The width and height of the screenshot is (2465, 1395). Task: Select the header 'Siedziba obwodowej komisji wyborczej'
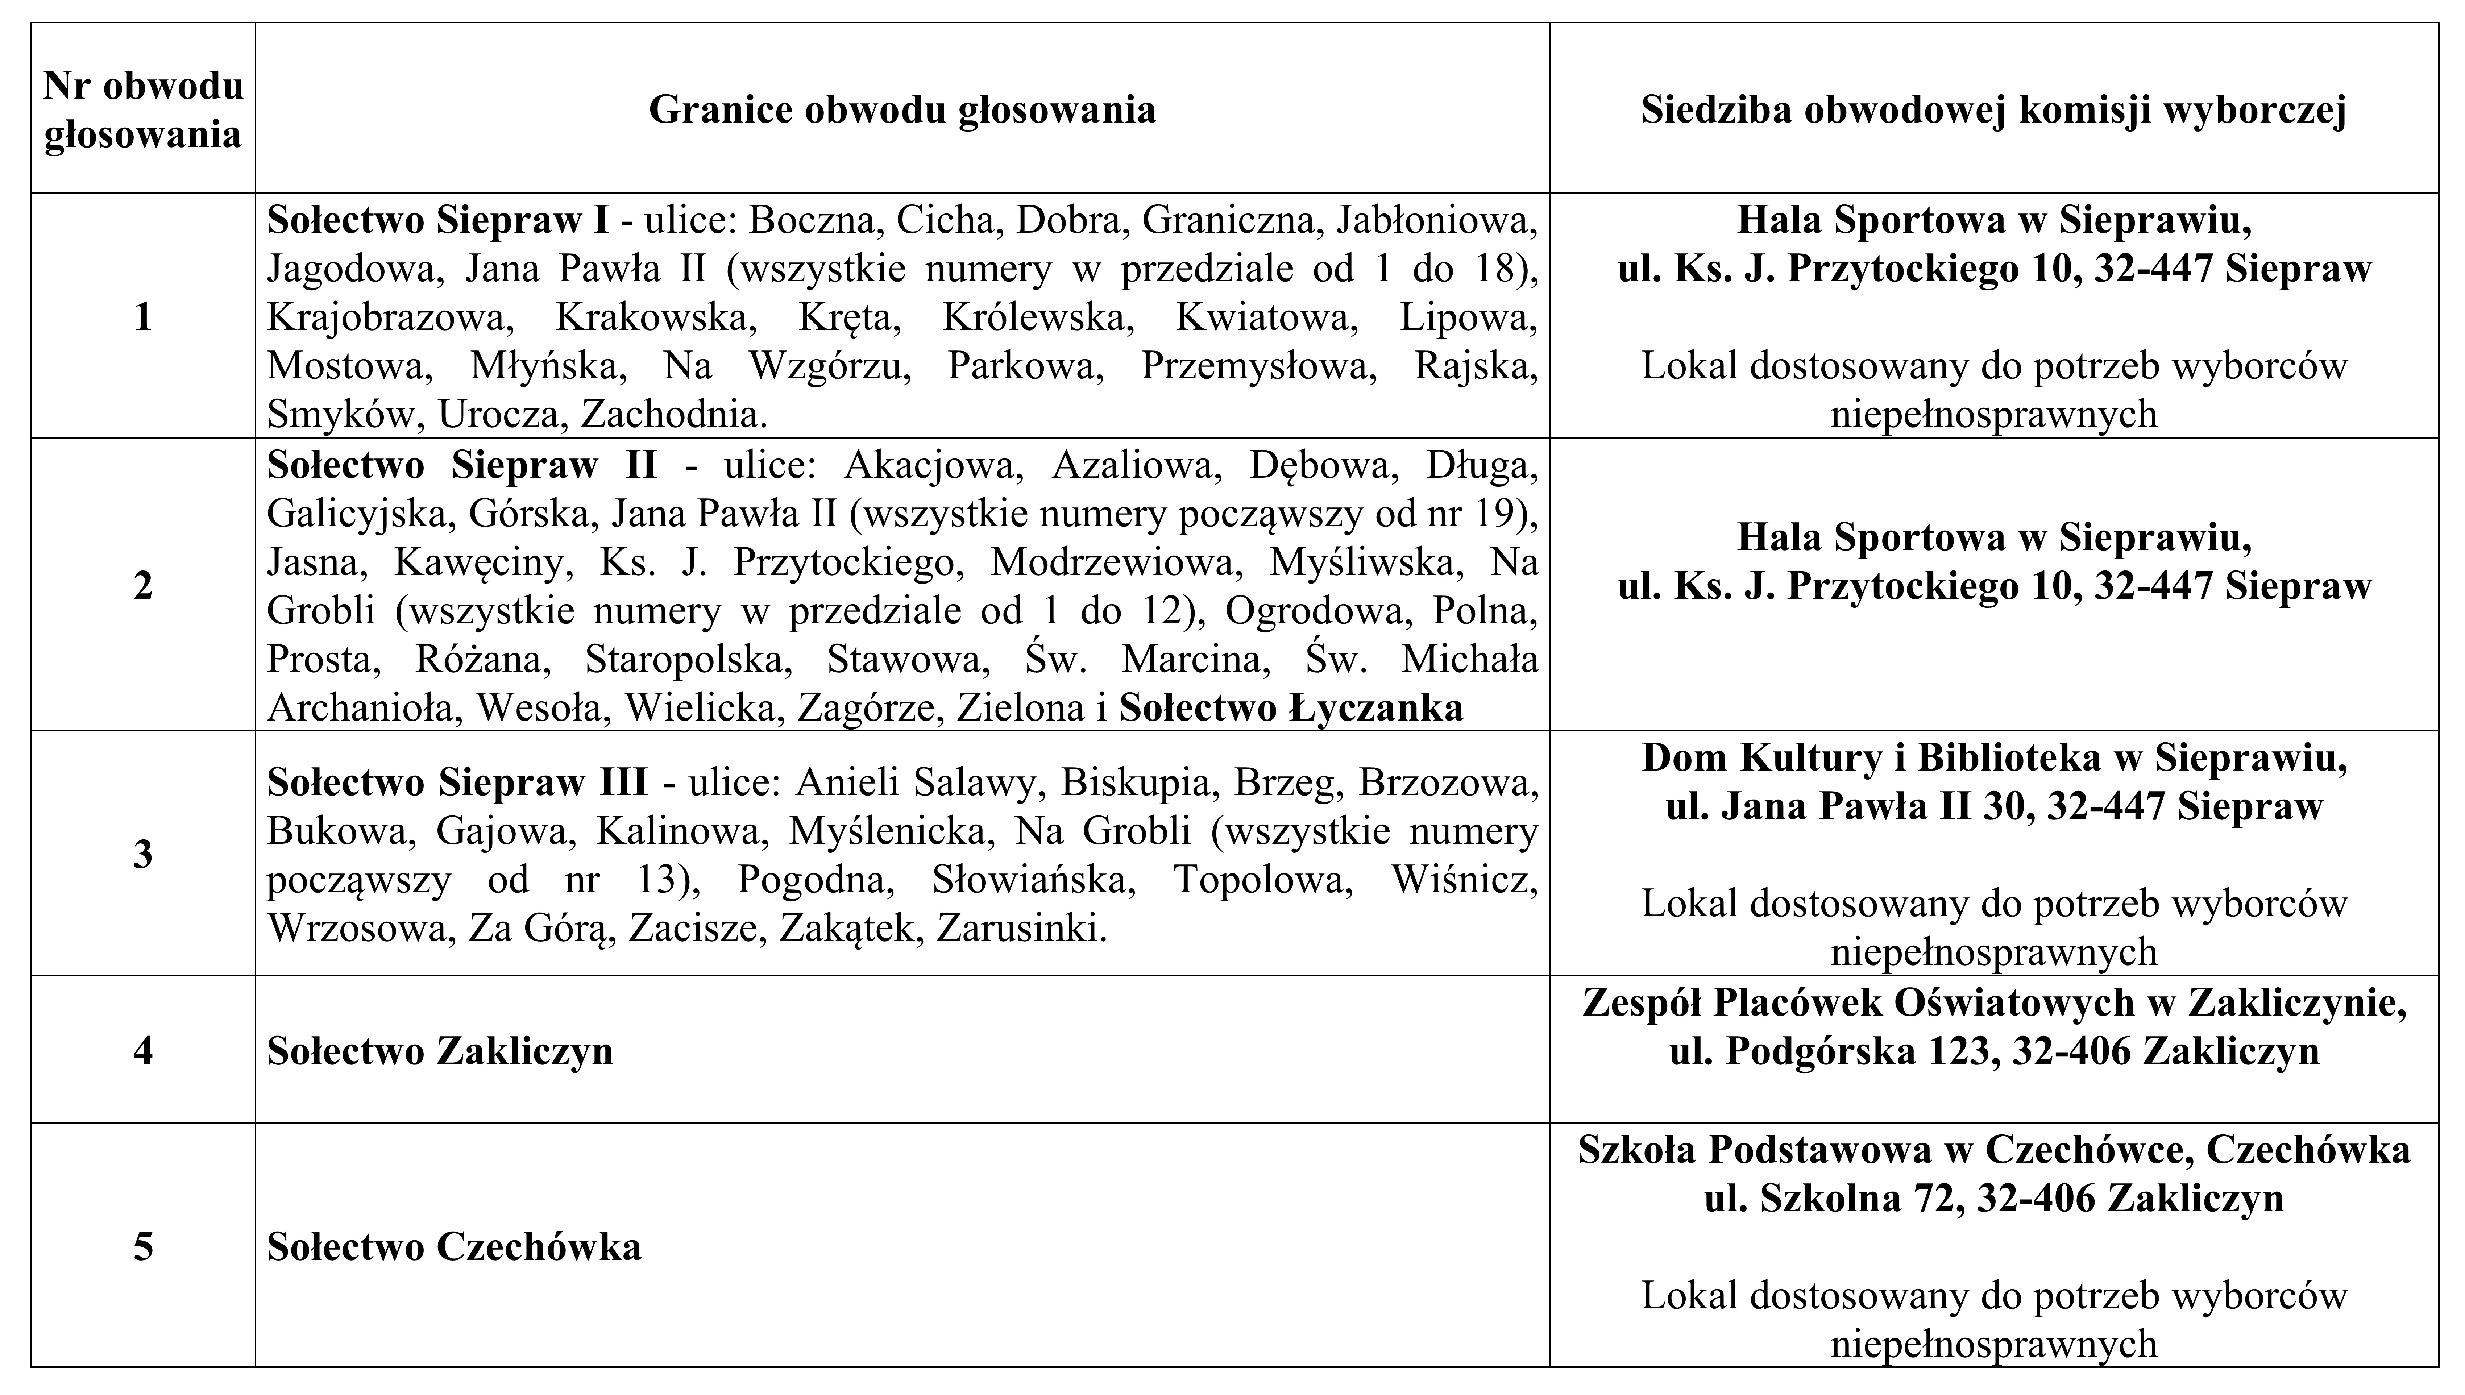(1994, 109)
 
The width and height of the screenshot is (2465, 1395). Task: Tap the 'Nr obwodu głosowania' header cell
(143, 109)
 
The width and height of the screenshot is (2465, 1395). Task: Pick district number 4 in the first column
(143, 1051)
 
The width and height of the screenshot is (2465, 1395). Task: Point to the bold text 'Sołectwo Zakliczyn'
(440, 1051)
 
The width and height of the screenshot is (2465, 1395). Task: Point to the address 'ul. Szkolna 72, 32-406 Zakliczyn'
(1994, 1197)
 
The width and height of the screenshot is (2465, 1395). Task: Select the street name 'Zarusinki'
(1021, 929)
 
